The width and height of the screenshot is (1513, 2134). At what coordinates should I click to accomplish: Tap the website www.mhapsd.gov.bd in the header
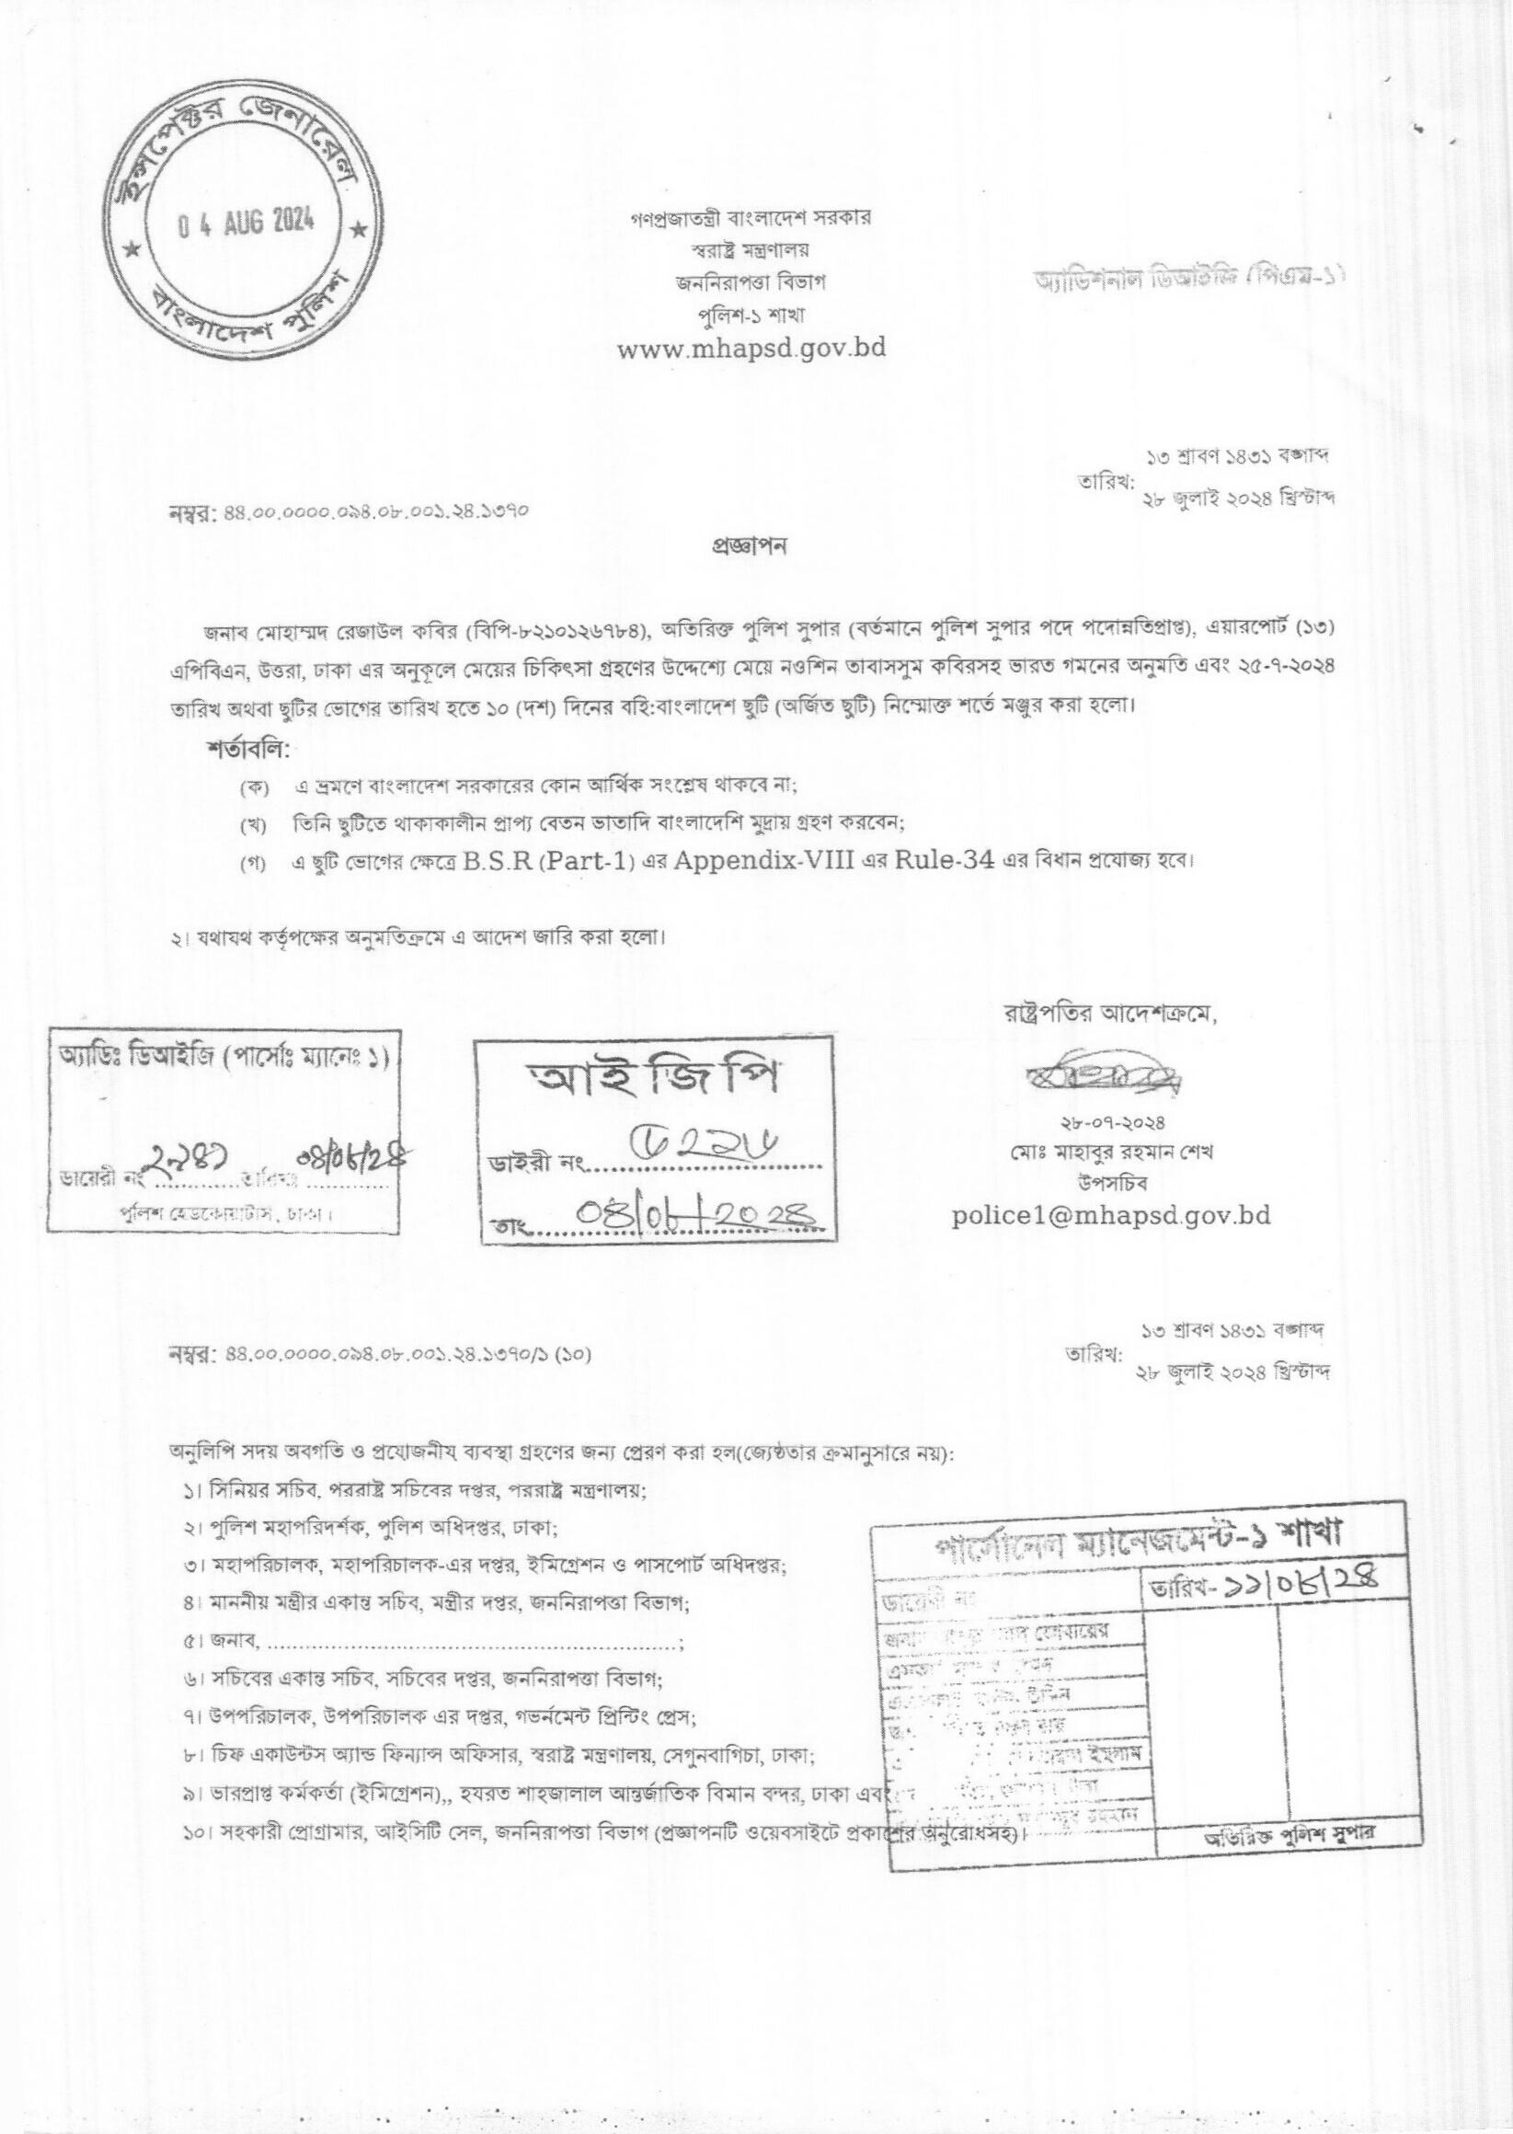(x=751, y=349)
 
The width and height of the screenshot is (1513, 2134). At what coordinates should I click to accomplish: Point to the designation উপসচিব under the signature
(x=1107, y=1181)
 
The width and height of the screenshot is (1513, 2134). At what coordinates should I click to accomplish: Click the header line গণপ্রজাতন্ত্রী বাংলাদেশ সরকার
(x=750, y=219)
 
